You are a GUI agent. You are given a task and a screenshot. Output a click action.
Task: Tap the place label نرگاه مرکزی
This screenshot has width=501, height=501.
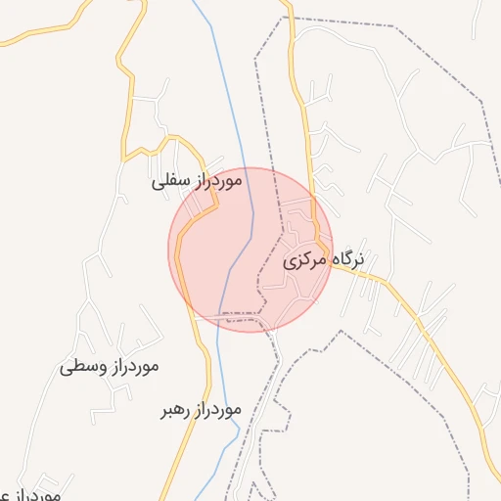324,261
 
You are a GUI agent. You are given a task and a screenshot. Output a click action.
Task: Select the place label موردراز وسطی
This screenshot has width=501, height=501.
109,367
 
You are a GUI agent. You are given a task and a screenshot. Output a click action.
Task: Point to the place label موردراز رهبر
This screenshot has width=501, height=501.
201,410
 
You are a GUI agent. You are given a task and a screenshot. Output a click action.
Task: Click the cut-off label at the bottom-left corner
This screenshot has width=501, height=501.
29,494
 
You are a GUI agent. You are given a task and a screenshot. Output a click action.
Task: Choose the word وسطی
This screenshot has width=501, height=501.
78,368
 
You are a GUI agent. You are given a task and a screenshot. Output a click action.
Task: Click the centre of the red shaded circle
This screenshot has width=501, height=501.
250,250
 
